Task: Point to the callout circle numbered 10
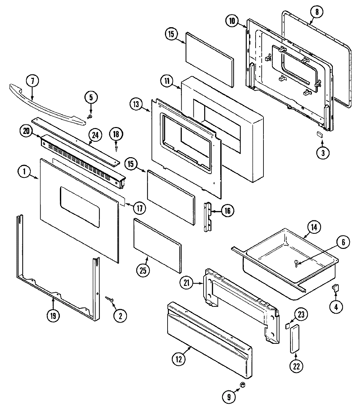point(232,21)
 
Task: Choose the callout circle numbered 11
point(167,81)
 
